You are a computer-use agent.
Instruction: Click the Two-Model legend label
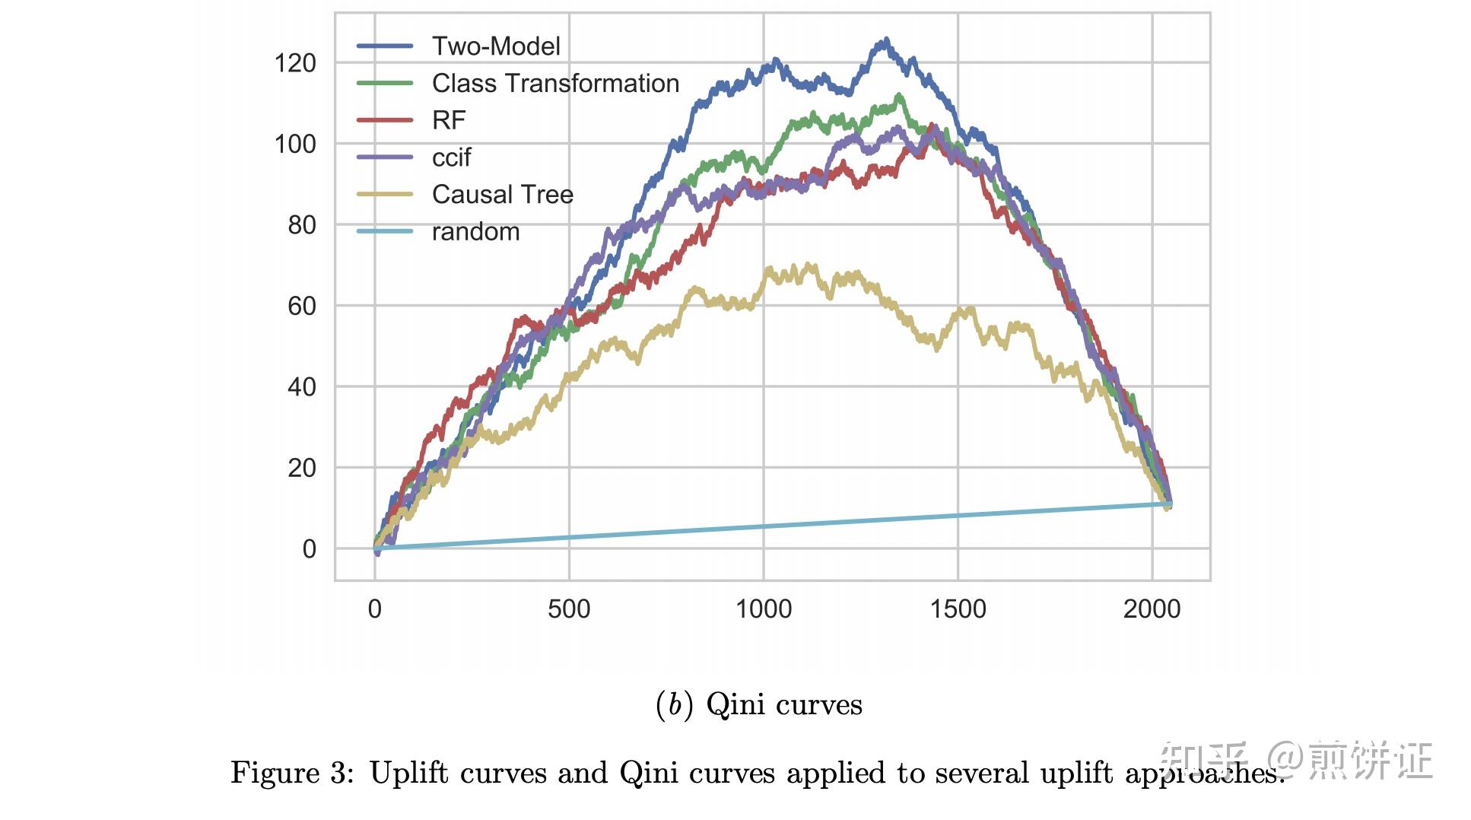click(x=495, y=46)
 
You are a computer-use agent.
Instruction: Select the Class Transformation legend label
click(x=555, y=84)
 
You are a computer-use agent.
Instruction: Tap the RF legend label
click(x=448, y=120)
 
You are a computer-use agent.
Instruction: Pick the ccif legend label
click(x=451, y=157)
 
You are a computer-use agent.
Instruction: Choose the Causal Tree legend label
click(x=502, y=195)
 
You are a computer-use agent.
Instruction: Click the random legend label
click(x=475, y=232)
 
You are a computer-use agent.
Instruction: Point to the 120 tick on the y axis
click(x=295, y=63)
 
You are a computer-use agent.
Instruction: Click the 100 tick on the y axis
click(x=295, y=144)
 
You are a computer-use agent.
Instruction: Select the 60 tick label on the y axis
click(x=302, y=306)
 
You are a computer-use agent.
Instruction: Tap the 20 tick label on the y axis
click(x=302, y=468)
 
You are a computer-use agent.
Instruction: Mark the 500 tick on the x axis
click(x=569, y=609)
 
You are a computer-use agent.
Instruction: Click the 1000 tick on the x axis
click(x=764, y=609)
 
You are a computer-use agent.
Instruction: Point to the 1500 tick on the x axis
click(x=958, y=609)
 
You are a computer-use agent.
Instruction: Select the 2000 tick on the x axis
click(x=1152, y=609)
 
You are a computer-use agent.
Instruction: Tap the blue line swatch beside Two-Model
click(x=385, y=46)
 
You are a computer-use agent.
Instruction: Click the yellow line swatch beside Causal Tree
click(x=385, y=195)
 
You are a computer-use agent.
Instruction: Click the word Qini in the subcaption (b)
click(x=735, y=704)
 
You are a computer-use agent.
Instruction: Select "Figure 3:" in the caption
click(x=292, y=773)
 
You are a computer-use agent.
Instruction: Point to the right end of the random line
click(x=1170, y=504)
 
